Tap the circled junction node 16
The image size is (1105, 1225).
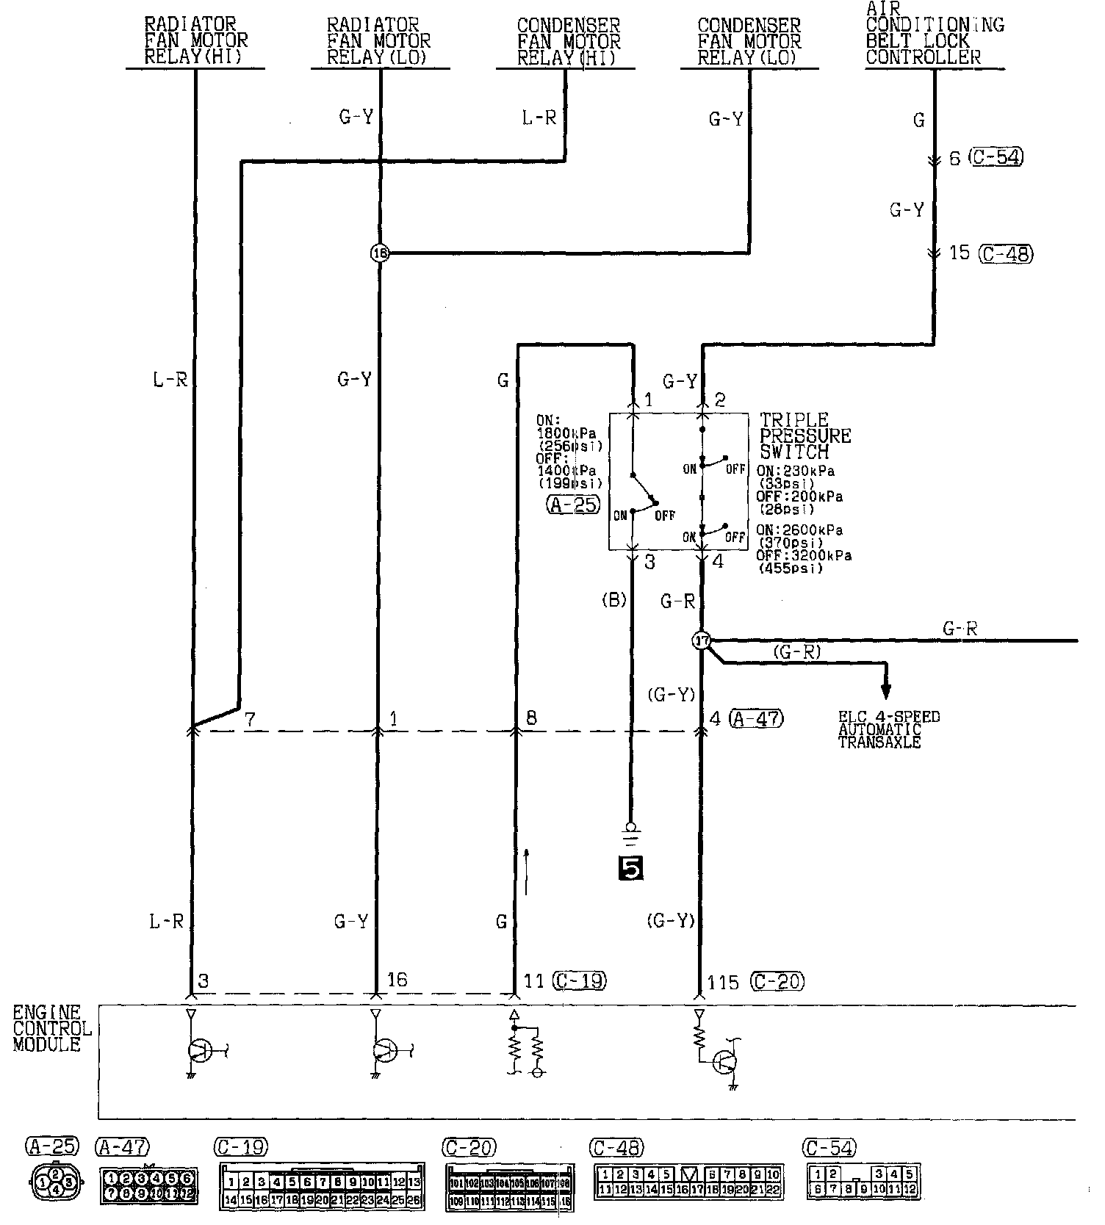[x=379, y=253]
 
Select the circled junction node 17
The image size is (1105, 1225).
[x=702, y=641]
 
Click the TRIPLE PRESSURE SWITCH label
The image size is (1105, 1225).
[x=805, y=436]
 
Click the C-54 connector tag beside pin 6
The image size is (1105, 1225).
[x=996, y=157]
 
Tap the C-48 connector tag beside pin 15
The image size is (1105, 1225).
[x=1007, y=253]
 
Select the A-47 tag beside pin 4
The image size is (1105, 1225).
[x=757, y=718]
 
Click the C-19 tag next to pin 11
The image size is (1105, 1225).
[x=580, y=980]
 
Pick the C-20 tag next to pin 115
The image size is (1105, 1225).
[x=777, y=981]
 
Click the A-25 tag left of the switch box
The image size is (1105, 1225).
[x=573, y=505]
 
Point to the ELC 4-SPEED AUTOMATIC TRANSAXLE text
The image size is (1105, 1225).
[x=889, y=729]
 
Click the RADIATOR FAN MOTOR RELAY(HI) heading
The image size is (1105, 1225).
[x=195, y=42]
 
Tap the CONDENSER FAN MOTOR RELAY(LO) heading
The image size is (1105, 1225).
[x=749, y=42]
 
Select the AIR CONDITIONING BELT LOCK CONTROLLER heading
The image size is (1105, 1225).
[x=934, y=35]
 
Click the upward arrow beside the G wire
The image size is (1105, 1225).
[x=527, y=871]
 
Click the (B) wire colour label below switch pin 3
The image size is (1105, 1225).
[x=613, y=600]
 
